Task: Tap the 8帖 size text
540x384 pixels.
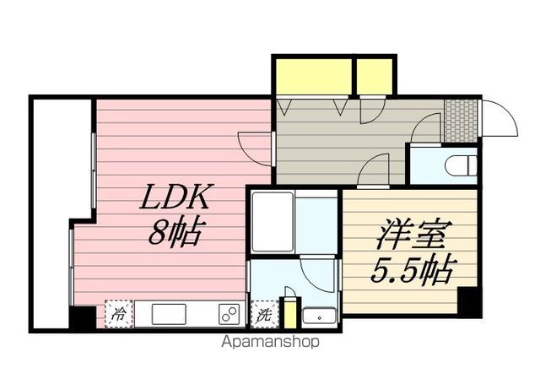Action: [x=175, y=232]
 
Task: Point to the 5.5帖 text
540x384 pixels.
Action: [x=413, y=271]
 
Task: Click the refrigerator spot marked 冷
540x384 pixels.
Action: [x=117, y=313]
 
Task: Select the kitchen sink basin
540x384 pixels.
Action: [x=173, y=313]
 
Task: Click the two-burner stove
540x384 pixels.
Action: [x=228, y=313]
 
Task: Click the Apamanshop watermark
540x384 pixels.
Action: [x=271, y=343]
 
